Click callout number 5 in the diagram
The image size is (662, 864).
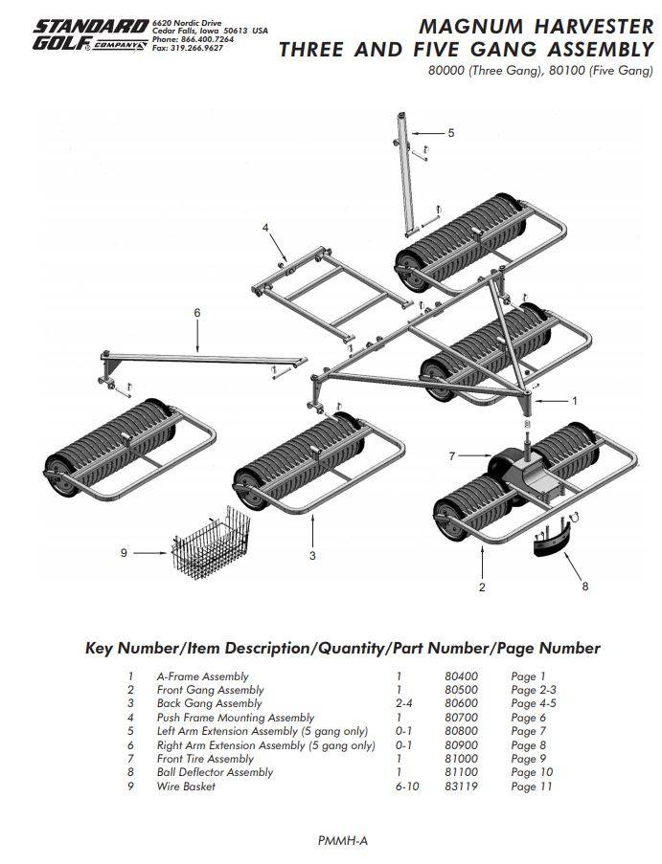(x=451, y=132)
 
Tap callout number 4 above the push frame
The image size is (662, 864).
(x=266, y=228)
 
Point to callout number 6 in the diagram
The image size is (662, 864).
(x=197, y=312)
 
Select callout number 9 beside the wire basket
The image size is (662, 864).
(x=124, y=553)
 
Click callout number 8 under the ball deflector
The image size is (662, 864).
(x=585, y=586)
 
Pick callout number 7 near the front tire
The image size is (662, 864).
(x=452, y=456)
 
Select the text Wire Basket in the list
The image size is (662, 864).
(x=186, y=786)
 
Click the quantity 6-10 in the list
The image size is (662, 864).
(x=406, y=786)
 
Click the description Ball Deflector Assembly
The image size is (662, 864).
(x=215, y=772)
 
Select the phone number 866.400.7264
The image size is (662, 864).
(x=206, y=39)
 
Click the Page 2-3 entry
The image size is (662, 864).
(x=532, y=690)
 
